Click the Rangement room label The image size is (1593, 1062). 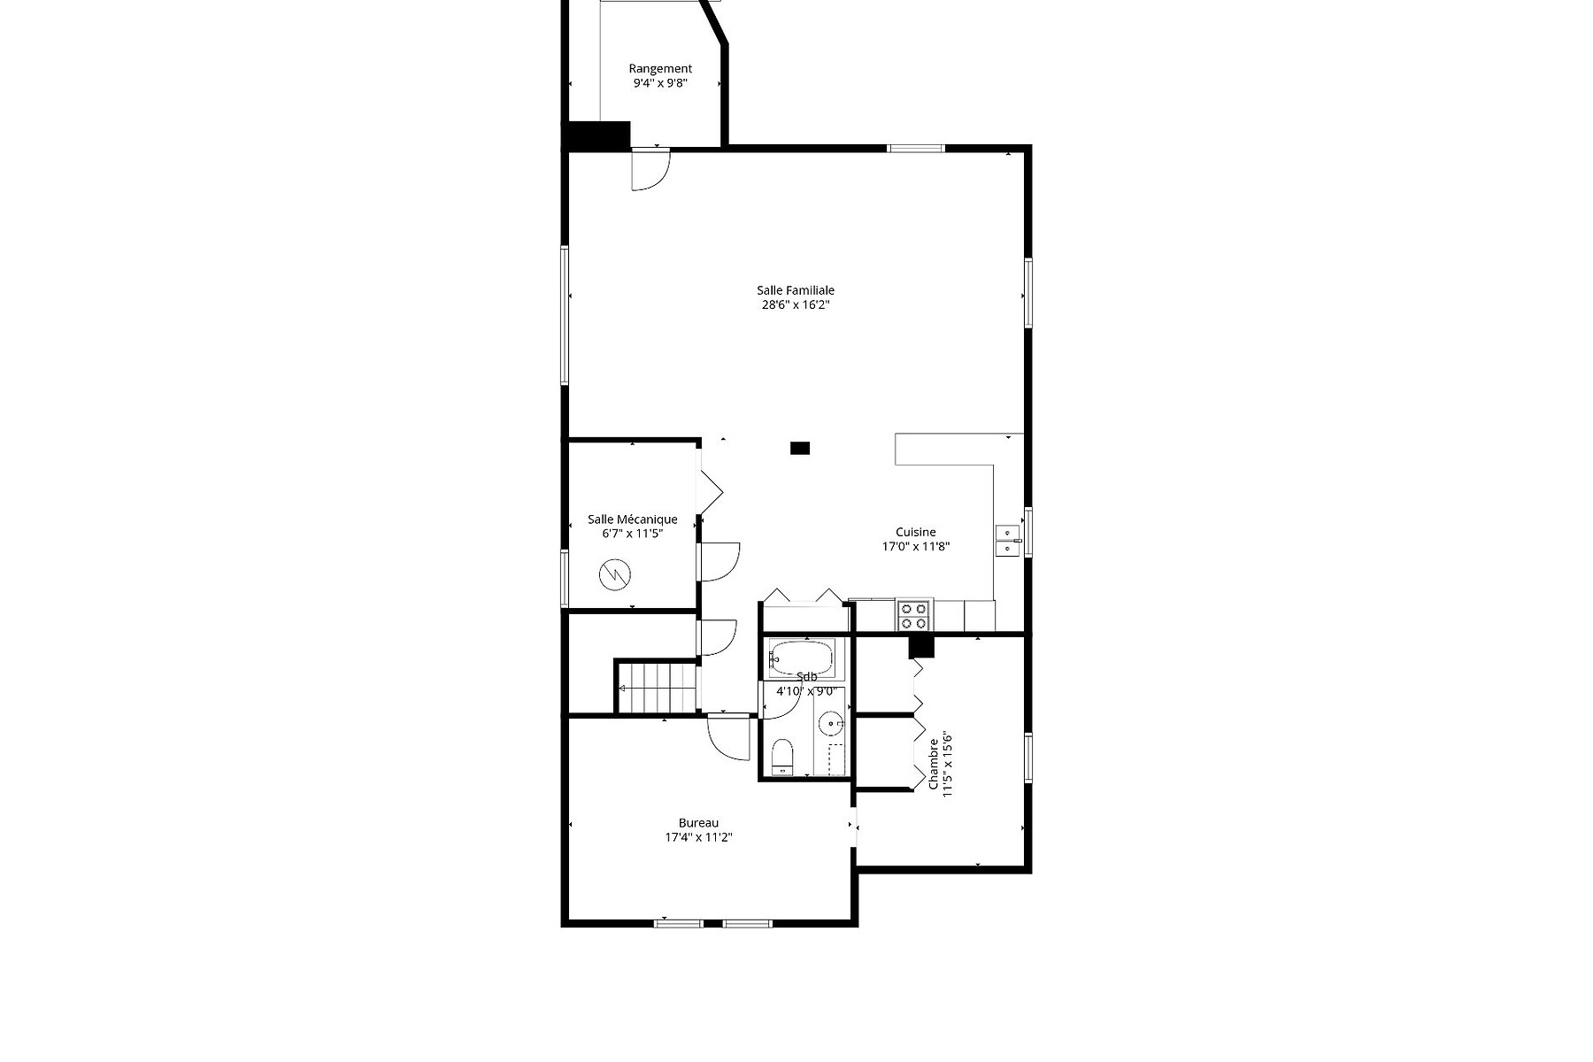click(660, 68)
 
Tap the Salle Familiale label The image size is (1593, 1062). click(796, 290)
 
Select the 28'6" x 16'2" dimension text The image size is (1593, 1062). click(796, 305)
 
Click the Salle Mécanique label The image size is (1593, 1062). click(633, 519)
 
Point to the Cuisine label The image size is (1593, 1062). click(916, 532)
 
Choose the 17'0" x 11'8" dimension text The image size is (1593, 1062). click(916, 547)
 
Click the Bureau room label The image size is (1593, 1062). click(699, 823)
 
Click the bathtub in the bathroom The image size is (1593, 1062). click(801, 658)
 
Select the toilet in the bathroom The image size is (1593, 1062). click(782, 758)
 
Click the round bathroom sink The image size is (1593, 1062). click(831, 724)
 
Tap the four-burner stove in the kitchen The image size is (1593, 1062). click(914, 615)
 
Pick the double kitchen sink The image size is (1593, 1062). click(1007, 541)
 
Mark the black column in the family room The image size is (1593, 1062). click(800, 449)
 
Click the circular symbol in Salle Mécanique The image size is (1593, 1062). click(615, 575)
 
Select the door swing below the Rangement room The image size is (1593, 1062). click(650, 170)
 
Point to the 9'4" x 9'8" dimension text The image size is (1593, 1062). click(660, 83)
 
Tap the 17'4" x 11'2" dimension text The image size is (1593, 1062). click(699, 837)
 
